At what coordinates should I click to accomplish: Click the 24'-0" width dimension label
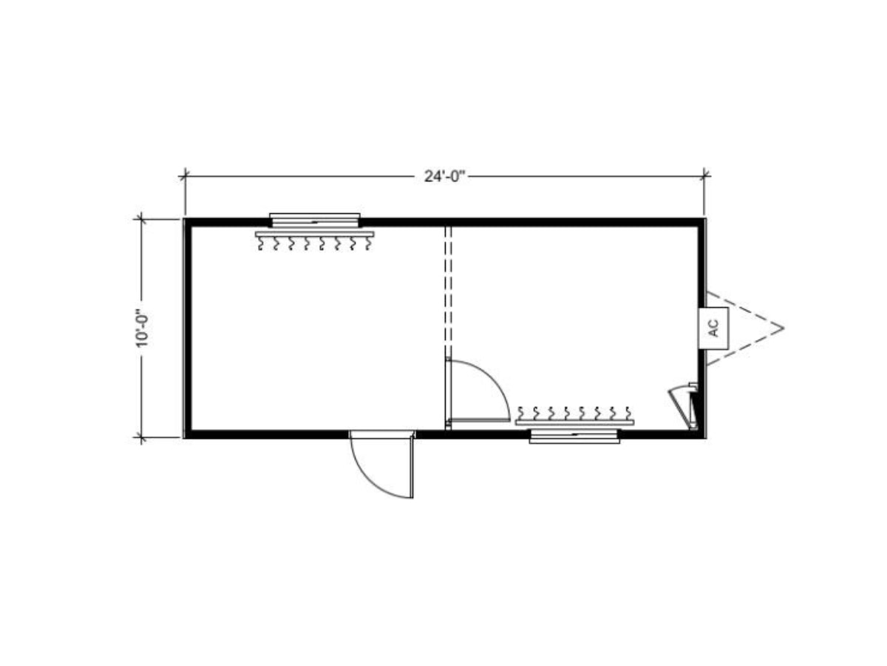tap(444, 176)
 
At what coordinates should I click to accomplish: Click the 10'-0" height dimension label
tap(142, 329)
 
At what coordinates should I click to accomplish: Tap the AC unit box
tap(713, 328)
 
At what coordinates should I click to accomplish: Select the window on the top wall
tap(314, 221)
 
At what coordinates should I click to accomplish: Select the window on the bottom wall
tap(574, 436)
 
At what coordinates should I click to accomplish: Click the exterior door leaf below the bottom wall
tap(412, 465)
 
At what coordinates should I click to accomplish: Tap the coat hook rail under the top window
tap(314, 234)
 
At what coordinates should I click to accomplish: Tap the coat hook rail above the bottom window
tap(574, 423)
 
